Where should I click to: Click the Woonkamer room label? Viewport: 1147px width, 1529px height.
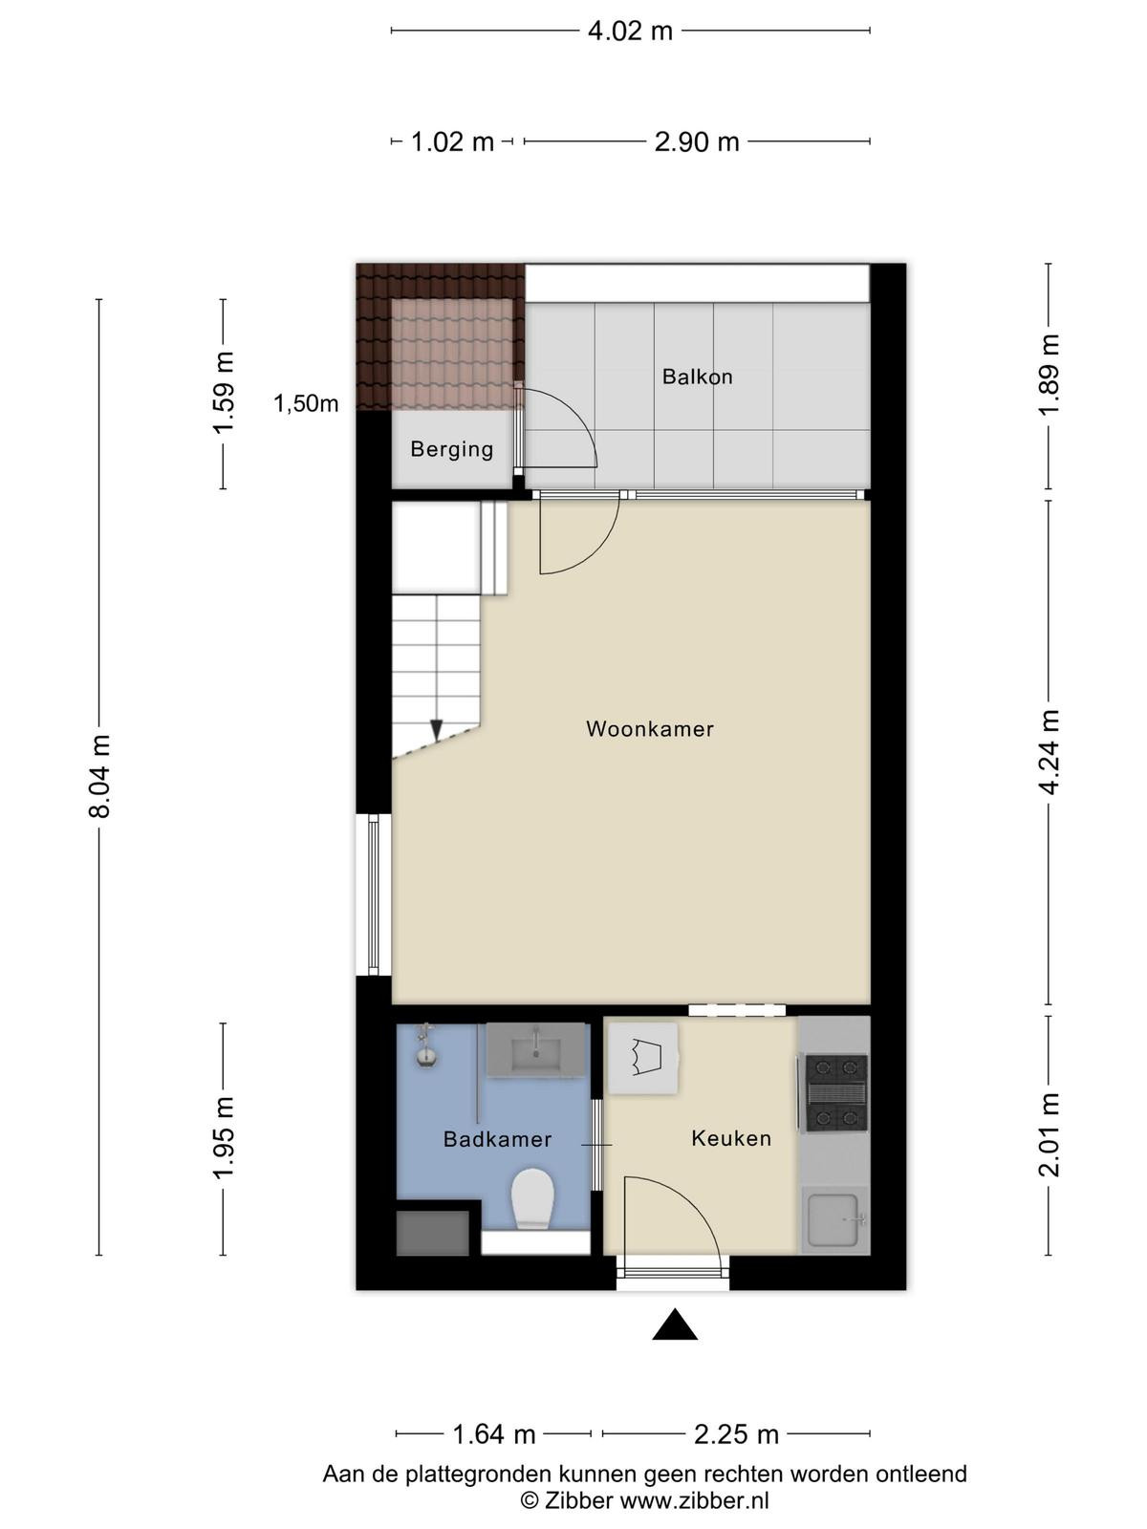[x=650, y=729]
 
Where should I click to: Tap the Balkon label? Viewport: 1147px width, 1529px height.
[x=697, y=377]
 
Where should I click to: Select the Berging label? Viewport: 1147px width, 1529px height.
[x=452, y=449]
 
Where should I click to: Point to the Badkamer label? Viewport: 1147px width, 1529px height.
[x=497, y=1140]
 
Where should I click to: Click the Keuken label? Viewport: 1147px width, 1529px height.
[x=731, y=1139]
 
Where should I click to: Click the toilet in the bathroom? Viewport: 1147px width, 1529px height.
[x=532, y=1200]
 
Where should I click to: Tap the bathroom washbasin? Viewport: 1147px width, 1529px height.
[x=535, y=1049]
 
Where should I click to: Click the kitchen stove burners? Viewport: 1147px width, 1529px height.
[x=836, y=1093]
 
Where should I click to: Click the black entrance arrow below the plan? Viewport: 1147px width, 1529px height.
[x=674, y=1324]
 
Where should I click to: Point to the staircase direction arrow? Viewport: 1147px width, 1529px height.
[x=437, y=729]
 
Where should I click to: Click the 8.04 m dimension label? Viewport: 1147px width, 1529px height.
[x=99, y=777]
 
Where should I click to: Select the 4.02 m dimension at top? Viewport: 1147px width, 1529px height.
[x=630, y=32]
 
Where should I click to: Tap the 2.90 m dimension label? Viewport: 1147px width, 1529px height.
[x=697, y=142]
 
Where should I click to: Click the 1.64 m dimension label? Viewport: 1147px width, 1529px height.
[x=494, y=1434]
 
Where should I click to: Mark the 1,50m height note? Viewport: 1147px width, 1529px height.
[x=306, y=403]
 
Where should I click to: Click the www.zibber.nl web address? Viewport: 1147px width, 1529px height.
[x=694, y=1500]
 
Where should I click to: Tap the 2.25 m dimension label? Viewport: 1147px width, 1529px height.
[x=736, y=1434]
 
